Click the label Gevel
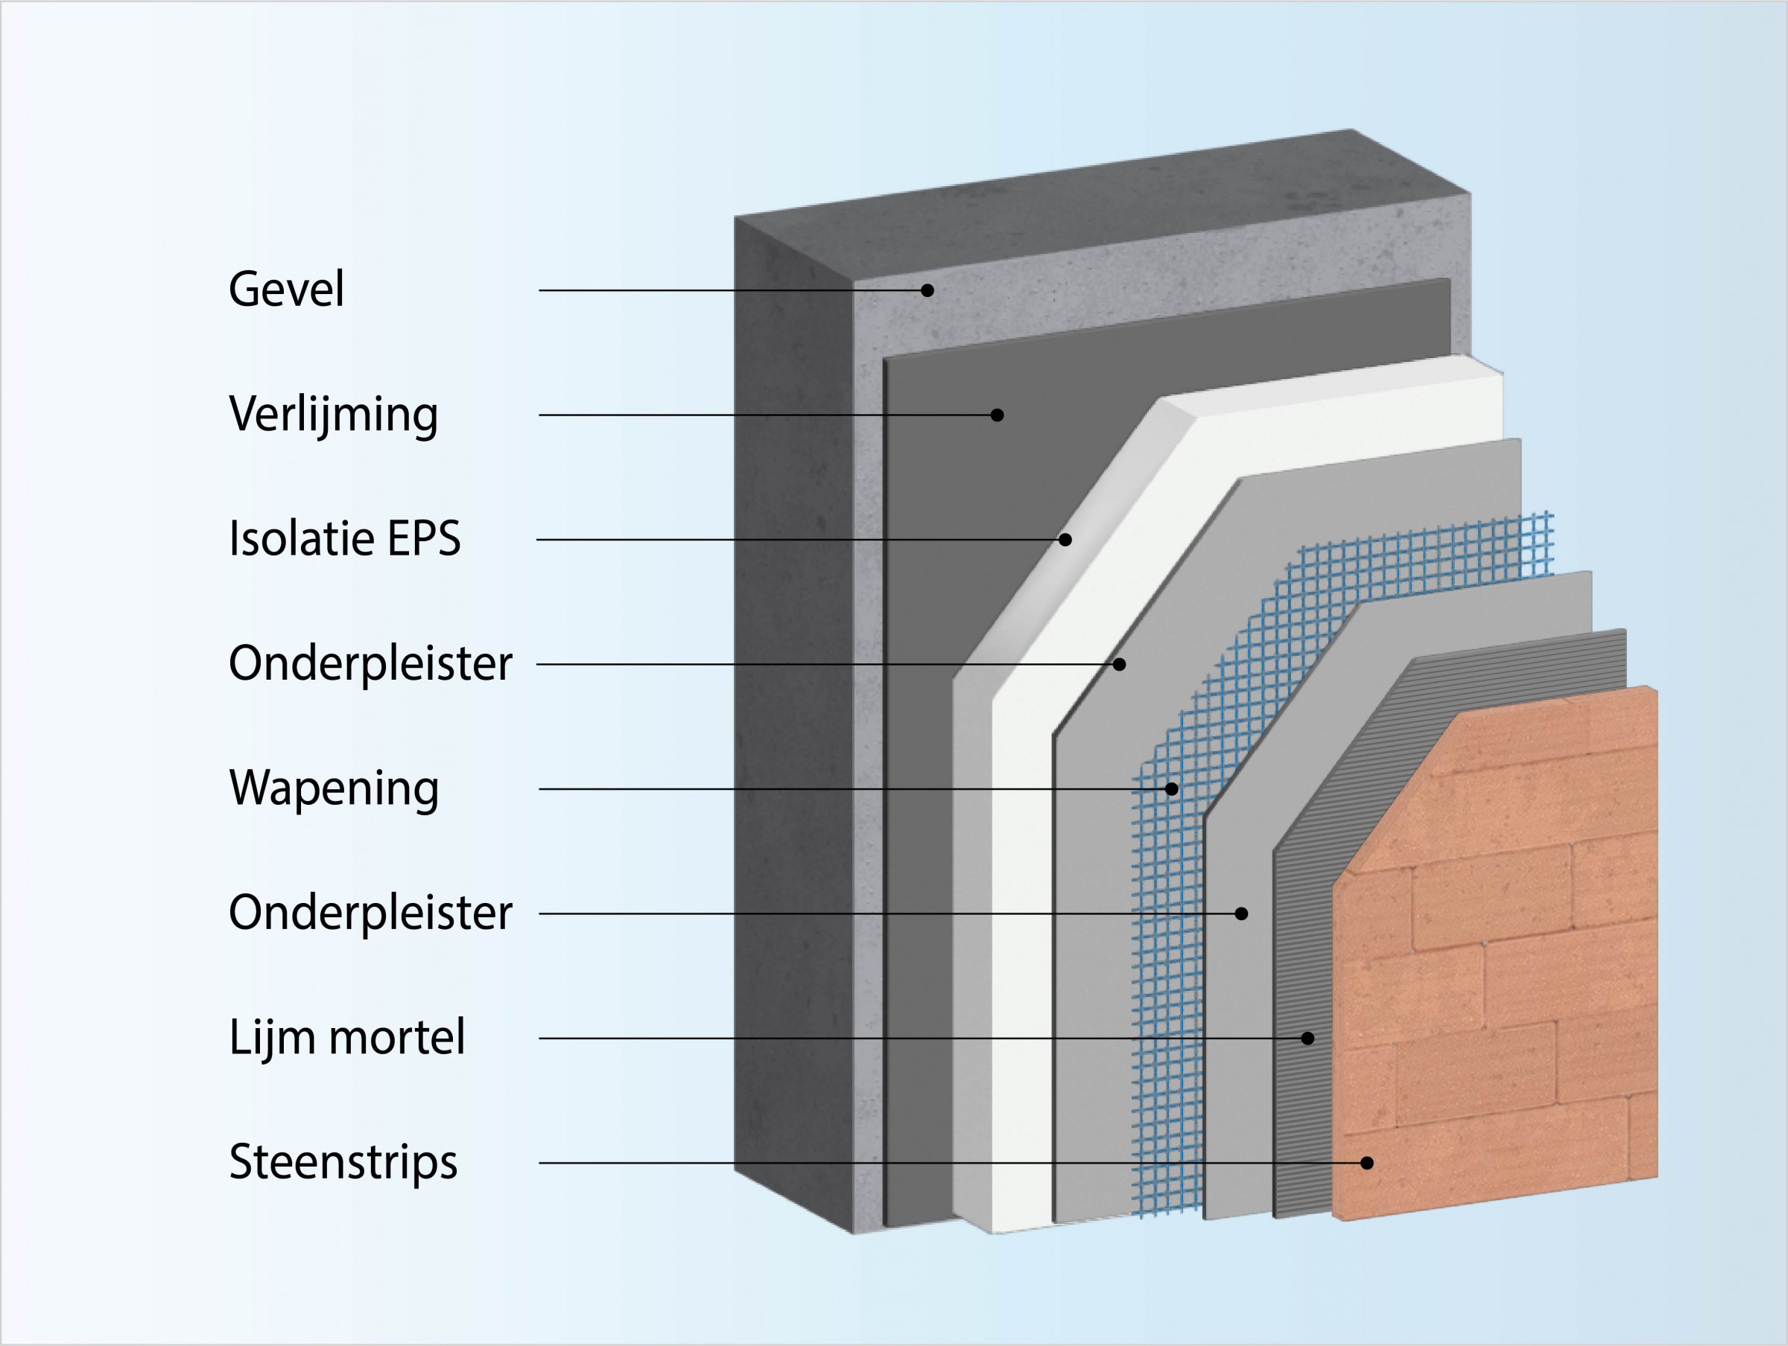tap(286, 290)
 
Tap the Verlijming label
tap(333, 415)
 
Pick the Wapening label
tap(334, 788)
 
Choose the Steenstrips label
tap(343, 1164)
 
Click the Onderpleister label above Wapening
tap(370, 664)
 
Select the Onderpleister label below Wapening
tap(370, 913)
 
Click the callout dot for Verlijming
tap(998, 415)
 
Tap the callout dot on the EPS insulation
tap(1065, 540)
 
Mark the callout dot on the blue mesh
tap(1172, 789)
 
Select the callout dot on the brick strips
tap(1367, 1164)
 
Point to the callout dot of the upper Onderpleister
tap(1120, 664)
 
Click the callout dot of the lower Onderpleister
tap(1242, 913)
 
